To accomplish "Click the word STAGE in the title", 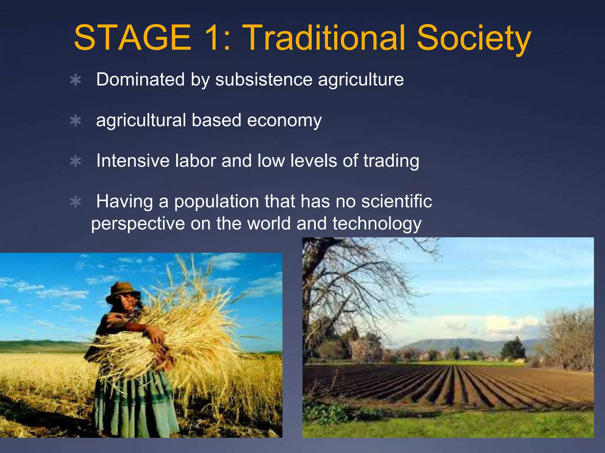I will (133, 38).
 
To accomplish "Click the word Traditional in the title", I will (325, 38).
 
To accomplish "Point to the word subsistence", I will (264, 80).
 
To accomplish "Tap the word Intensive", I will (133, 161).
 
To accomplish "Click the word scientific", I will (396, 201).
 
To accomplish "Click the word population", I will (217, 202).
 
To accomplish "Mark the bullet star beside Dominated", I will (76, 80).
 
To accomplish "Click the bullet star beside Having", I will (76, 202).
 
